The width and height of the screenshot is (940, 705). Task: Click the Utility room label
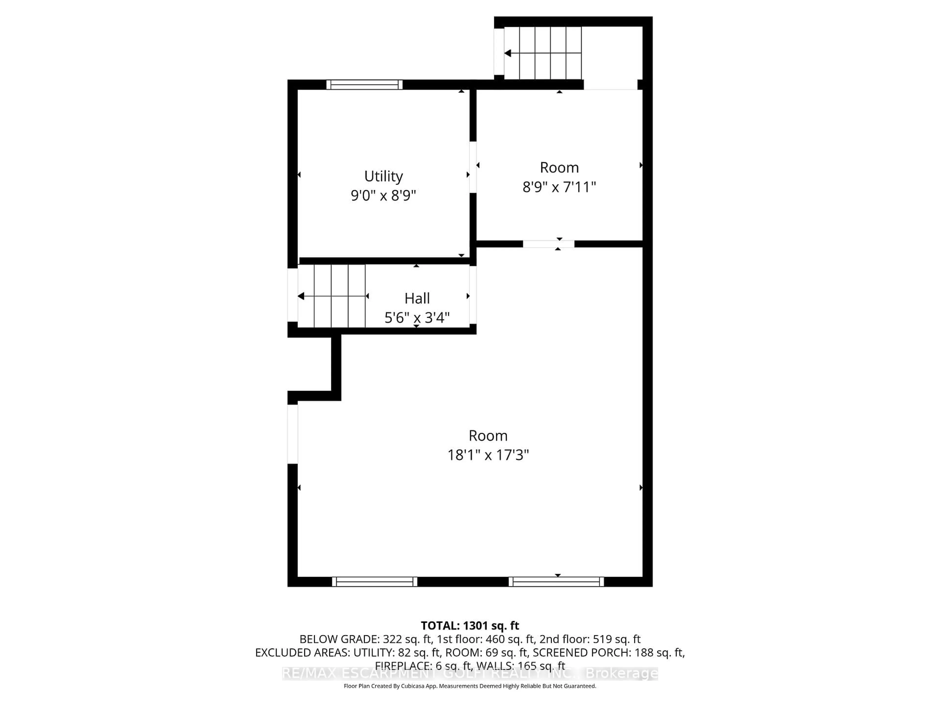coord(383,176)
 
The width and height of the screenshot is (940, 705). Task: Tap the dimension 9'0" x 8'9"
coord(383,196)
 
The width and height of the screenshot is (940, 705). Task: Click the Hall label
coord(417,298)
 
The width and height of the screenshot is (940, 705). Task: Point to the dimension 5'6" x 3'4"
coord(417,317)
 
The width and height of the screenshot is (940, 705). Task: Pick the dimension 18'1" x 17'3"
coord(488,455)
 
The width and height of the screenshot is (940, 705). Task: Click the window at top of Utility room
coord(364,84)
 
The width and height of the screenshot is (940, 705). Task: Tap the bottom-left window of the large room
coord(374,582)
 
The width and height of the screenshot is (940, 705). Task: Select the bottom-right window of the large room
coord(556,582)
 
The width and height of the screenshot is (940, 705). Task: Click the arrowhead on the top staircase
coord(507,53)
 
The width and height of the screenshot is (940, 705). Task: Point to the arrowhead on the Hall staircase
coord(301,296)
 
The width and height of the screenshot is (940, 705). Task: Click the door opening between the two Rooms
coord(548,244)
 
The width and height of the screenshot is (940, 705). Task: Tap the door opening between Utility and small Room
coord(472,167)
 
